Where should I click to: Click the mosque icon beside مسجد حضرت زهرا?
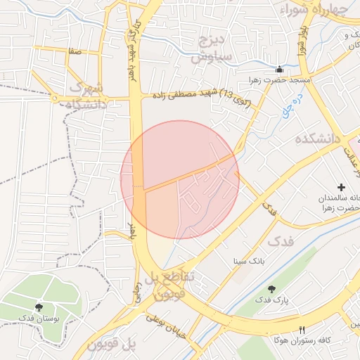[x=280, y=69]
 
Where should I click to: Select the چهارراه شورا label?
[x=314, y=10]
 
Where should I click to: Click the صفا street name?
[x=75, y=51]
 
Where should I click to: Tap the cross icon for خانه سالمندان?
[x=341, y=187]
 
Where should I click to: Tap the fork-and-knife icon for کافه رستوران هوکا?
[x=302, y=329]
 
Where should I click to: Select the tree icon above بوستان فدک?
[x=38, y=307]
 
